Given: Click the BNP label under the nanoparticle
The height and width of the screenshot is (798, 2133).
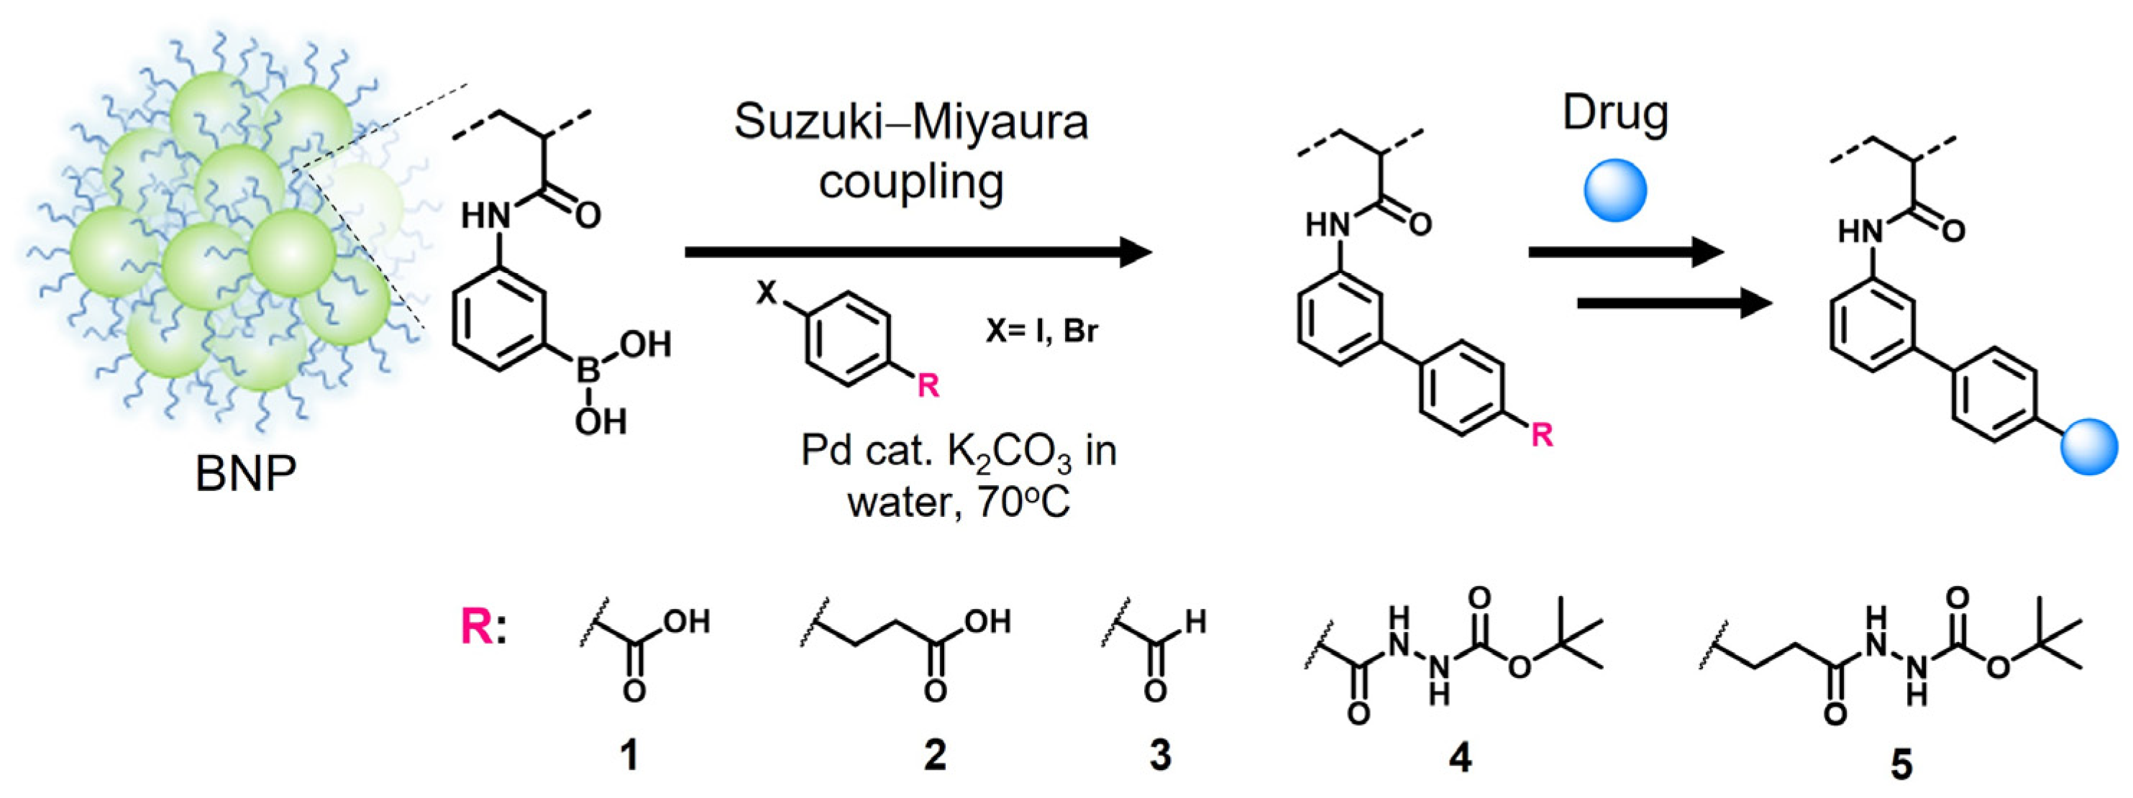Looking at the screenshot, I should pos(245,474).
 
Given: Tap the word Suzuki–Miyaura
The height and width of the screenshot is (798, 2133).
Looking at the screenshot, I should pos(911,121).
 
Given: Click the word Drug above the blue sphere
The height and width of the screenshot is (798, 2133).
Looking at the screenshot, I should pos(1614,114).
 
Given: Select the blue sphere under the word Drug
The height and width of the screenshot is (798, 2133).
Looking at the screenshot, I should pos(1614,191).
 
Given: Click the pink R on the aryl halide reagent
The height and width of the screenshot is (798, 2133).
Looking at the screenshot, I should pos(928,385).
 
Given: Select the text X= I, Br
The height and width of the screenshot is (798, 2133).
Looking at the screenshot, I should pos(1041,331).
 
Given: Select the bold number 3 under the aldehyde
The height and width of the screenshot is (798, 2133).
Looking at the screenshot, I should pos(1160,755).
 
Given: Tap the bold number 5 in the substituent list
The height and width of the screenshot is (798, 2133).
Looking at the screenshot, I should pos(1901,763).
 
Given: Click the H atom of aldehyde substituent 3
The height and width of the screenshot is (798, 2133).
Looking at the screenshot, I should pos(1195,621).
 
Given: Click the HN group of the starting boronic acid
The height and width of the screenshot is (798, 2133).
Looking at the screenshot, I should pos(485,217).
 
